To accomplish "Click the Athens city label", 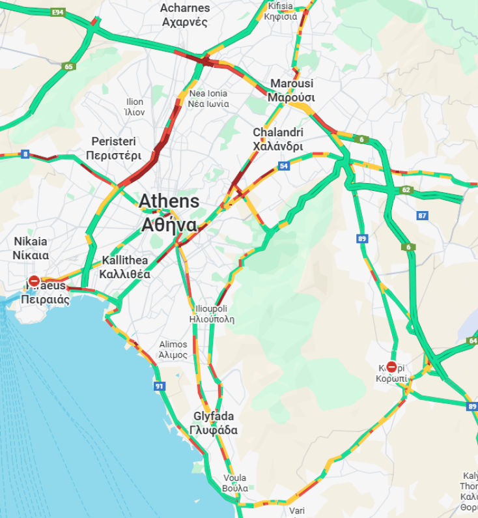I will coord(169,212).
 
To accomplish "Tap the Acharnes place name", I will coord(185,15).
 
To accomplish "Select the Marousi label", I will coord(292,91).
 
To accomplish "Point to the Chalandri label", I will coord(278,139).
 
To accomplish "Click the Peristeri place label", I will coord(116,149).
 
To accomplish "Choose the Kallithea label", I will coord(124,267).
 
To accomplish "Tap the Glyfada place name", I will coord(214,424).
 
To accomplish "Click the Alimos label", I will coord(173,350).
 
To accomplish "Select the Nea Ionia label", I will coord(208,98).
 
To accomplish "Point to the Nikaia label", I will coord(31,248).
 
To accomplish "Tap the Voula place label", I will coord(234,483).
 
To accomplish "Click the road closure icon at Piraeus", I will coord(34,281).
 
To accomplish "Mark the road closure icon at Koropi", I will coord(391,367).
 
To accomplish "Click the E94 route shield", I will coord(58,12).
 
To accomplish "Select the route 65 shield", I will coord(69,66).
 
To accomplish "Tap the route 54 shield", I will coord(283,166).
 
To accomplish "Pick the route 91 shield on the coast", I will coord(159,386).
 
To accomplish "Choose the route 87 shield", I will coord(423,216).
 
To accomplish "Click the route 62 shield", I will coord(406,190).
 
